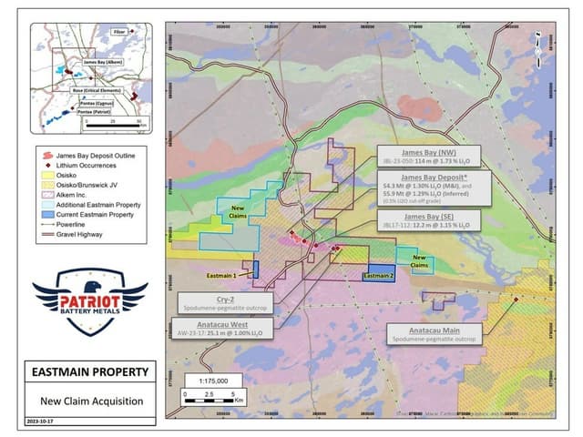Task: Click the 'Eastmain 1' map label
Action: [221, 274]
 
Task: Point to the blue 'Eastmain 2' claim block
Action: [379, 276]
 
